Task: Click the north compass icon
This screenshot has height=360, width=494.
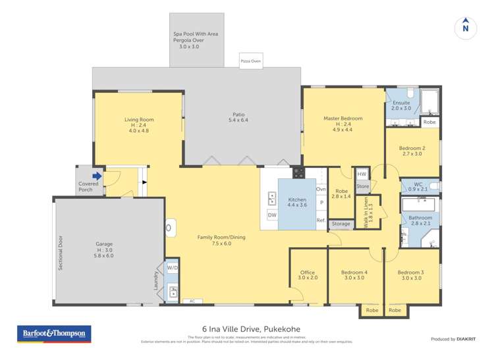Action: point(466,27)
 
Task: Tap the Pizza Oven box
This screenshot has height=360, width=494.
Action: point(250,61)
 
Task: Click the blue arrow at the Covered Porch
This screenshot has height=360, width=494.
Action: point(97,176)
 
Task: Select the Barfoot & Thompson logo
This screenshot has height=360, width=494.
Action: point(53,334)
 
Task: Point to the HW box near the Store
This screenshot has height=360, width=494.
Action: point(362,174)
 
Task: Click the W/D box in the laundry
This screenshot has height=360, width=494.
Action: point(172,268)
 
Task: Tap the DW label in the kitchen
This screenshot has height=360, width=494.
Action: point(272,215)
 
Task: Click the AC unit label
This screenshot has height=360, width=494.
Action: point(192,301)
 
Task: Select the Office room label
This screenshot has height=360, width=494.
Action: point(308,272)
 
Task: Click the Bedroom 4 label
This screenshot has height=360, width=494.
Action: point(354,272)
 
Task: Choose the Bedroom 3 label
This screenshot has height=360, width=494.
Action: point(412,272)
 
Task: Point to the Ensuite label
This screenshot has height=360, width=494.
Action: point(401,103)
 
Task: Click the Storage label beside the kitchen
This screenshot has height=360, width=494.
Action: point(341,224)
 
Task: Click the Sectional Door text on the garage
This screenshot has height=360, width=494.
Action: point(60,252)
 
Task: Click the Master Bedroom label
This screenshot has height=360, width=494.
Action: point(343,118)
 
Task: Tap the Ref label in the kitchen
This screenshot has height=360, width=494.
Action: point(321,220)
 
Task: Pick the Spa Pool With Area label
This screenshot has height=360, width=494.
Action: point(196,34)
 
